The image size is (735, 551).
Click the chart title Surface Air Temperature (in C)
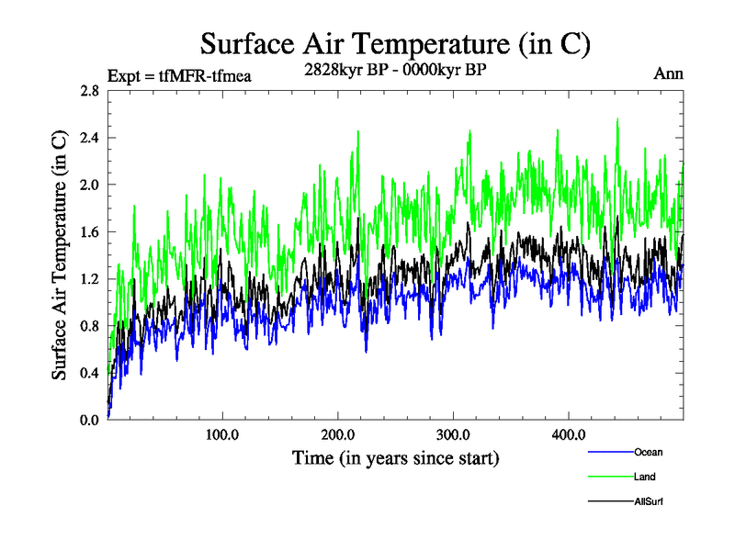coord(394,43)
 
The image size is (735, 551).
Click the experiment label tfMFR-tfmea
coord(179,75)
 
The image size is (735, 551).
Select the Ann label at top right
coord(668,73)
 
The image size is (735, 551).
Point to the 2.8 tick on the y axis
coord(90,91)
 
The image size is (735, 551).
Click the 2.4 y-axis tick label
coord(90,138)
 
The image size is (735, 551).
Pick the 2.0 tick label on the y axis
coord(90,185)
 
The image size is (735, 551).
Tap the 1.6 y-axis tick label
coord(90,232)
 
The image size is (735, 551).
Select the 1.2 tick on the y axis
coord(90,279)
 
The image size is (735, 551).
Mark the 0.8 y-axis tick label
coord(90,326)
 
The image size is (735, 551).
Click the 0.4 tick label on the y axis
coord(90,373)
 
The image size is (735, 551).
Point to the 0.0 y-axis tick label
coord(90,420)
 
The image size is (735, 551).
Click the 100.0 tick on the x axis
coord(222,434)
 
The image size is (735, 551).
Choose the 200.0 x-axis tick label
coord(338,434)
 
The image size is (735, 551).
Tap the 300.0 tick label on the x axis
coord(453,434)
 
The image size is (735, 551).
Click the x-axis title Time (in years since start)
coord(395,457)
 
